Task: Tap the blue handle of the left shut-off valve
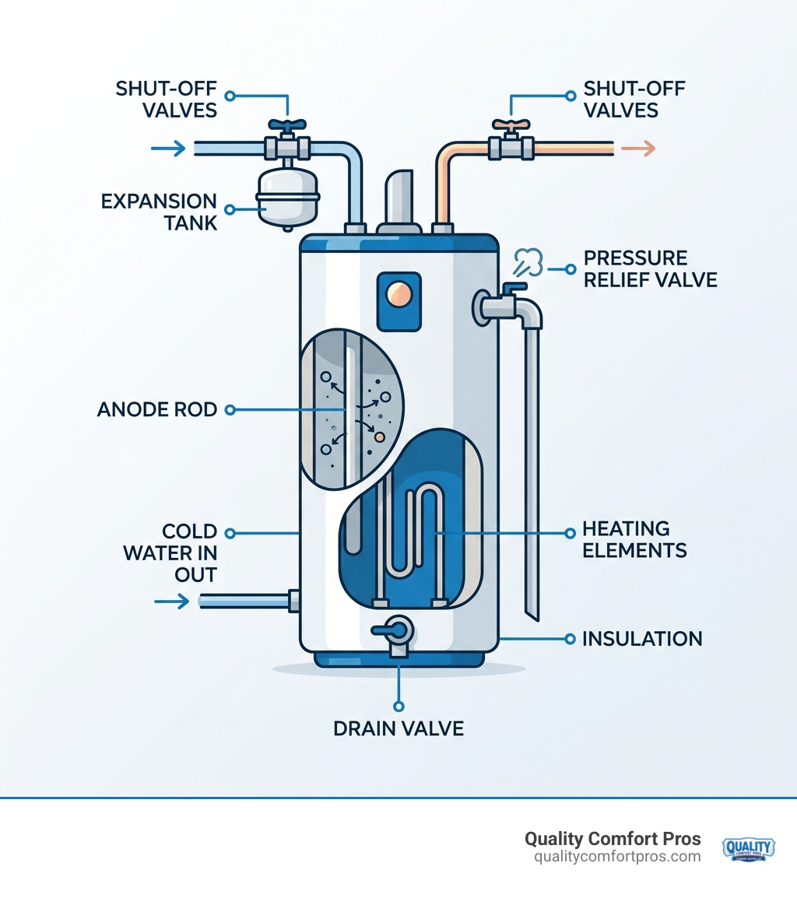tap(287, 125)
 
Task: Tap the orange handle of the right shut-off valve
tap(511, 125)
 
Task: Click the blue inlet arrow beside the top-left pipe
tap(169, 148)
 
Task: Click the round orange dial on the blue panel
tap(398, 293)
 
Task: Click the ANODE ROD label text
tap(157, 409)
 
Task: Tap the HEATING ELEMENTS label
tap(634, 539)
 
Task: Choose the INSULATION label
tap(642, 639)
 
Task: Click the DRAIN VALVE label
tap(398, 728)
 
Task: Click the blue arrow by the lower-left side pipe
tap(172, 601)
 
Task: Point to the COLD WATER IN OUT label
tap(189, 552)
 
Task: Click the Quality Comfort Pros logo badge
tap(748, 848)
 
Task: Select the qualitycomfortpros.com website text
tap(617, 857)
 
